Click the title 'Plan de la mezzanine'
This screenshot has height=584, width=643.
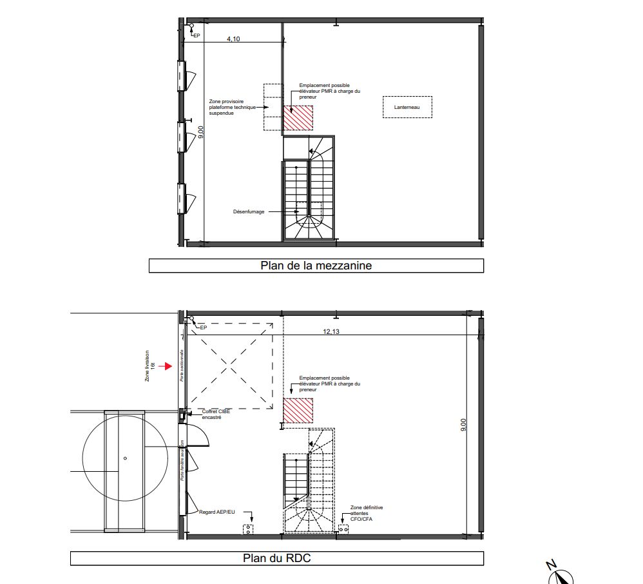316,266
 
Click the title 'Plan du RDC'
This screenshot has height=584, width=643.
276,558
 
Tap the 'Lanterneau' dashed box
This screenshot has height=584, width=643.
407,107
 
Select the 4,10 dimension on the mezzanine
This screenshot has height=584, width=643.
233,39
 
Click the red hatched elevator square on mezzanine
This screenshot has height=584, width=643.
298,117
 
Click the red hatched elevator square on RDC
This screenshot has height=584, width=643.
298,411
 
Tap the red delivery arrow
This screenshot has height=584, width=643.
166,366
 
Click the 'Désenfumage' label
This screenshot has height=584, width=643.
249,211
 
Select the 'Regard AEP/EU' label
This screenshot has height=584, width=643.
217,511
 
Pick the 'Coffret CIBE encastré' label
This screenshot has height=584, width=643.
216,414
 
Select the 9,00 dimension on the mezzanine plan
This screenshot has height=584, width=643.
201,131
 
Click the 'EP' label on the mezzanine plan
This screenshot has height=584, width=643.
197,36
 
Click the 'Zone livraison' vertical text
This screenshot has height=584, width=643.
148,365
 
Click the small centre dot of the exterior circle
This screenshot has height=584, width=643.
125,458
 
